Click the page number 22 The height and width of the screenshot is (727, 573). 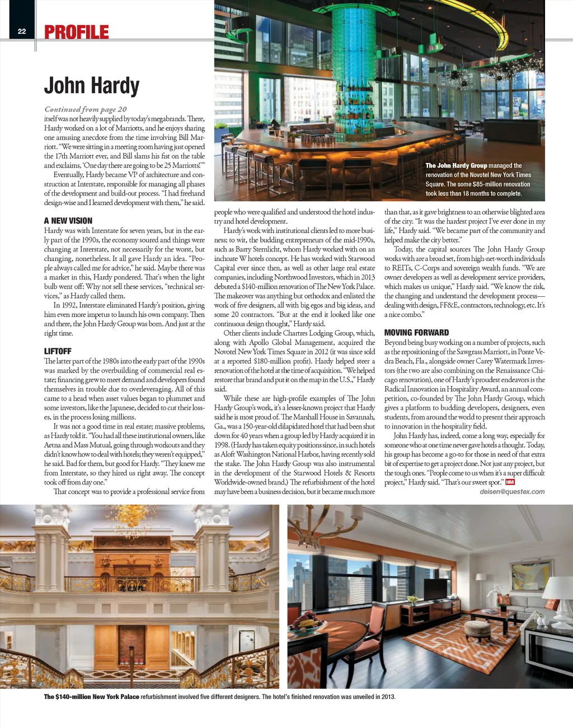tap(22, 31)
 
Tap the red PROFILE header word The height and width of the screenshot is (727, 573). tap(77, 32)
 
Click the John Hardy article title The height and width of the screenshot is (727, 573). tap(92, 86)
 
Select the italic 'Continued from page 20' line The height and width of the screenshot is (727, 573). tap(86, 109)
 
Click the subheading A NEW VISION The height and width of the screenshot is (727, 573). tap(68, 221)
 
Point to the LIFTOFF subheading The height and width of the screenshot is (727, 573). tap(58, 351)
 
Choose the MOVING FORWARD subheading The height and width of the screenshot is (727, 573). tap(416, 333)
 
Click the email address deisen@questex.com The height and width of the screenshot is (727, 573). tap(512, 492)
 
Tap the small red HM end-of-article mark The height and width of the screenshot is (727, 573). tap(510, 482)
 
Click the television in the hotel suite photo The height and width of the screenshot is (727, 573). tap(435, 589)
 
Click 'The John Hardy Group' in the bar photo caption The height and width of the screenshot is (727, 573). tap(456, 166)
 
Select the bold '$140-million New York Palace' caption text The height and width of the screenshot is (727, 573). tap(92, 697)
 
